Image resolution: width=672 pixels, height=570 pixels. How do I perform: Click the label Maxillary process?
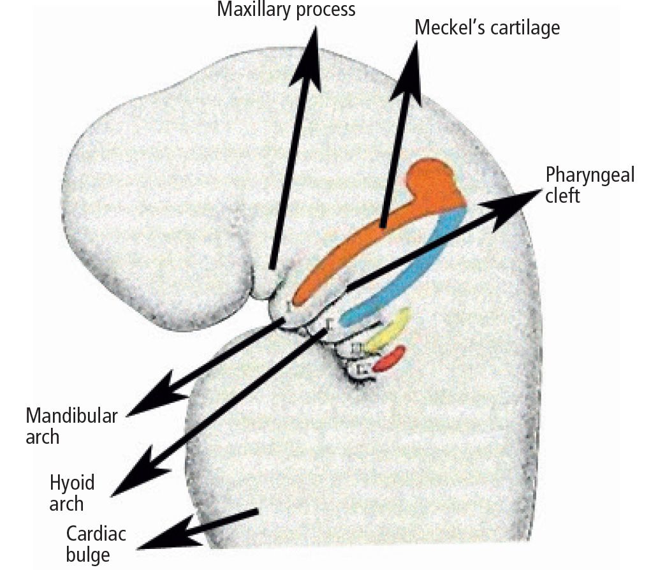click(x=286, y=10)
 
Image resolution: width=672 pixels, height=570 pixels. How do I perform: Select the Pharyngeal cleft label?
click(x=590, y=184)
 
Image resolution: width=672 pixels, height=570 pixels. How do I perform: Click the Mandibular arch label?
click(x=71, y=427)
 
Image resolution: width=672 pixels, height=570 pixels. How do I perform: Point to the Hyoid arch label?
click(x=72, y=492)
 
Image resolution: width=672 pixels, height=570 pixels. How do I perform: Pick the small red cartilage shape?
click(x=390, y=360)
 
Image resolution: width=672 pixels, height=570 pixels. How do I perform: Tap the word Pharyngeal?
click(x=590, y=175)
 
